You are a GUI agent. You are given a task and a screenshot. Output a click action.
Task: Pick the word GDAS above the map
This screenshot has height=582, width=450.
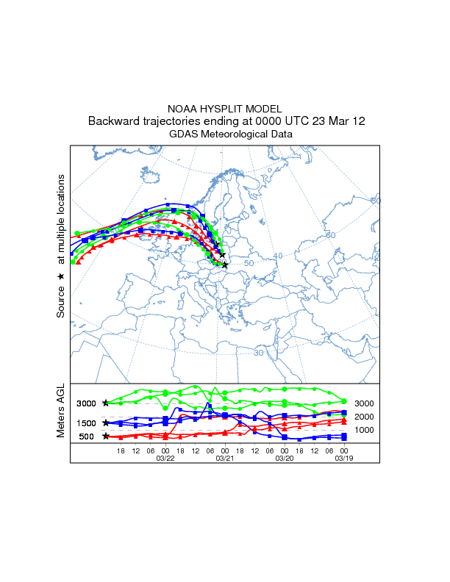point(184,134)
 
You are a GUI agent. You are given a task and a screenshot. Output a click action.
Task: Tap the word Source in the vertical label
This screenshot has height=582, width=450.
point(61,301)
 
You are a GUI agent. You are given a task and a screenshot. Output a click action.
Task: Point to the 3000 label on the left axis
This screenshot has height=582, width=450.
point(86,403)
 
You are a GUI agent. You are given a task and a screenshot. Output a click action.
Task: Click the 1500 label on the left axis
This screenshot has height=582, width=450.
point(86,423)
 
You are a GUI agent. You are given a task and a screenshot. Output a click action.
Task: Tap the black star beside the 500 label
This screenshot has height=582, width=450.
point(106,436)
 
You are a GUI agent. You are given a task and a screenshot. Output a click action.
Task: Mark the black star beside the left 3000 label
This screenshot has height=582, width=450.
point(106,403)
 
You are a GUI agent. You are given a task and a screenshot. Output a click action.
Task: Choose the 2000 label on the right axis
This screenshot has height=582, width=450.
point(364,417)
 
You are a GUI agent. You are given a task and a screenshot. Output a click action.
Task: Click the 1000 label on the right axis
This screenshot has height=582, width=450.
point(364,430)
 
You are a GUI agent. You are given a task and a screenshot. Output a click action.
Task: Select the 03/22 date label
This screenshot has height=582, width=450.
point(165,458)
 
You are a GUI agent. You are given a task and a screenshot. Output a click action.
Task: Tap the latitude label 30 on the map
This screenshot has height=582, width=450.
point(259,353)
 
